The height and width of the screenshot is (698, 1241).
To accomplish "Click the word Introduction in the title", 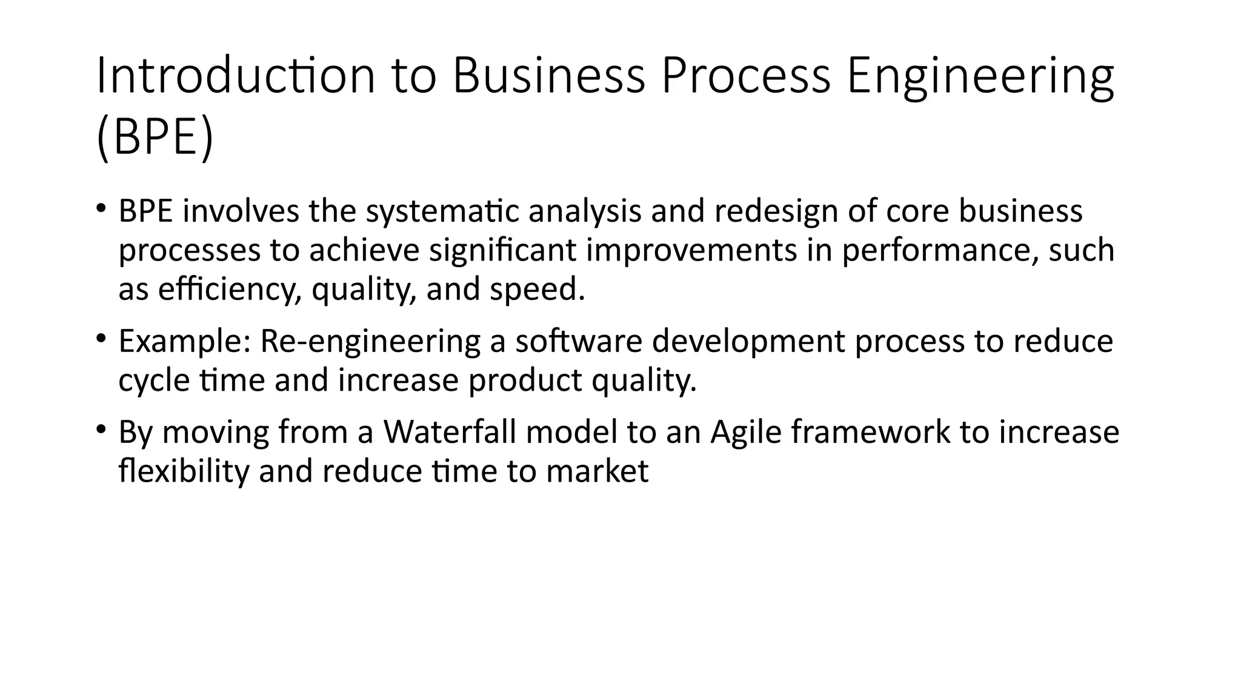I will [236, 76].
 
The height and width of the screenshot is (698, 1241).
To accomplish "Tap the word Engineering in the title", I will [980, 76].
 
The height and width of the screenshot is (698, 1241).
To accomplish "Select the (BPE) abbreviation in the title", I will [155, 138].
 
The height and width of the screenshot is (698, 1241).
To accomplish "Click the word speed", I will [537, 289].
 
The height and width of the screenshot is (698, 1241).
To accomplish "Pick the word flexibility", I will [184, 471].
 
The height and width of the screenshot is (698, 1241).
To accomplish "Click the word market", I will [597, 471].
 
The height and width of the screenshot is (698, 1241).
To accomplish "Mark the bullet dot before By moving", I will [101, 429].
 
